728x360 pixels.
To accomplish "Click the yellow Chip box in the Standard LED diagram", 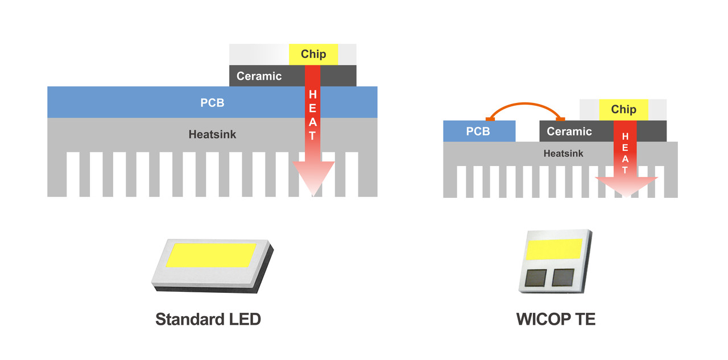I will [x=313, y=54].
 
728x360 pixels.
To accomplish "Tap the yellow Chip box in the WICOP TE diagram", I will [x=623, y=109].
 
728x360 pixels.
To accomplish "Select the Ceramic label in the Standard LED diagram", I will [x=259, y=76].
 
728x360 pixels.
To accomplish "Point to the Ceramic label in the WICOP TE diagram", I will [x=569, y=131].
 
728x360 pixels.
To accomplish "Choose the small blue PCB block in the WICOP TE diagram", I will [x=478, y=131].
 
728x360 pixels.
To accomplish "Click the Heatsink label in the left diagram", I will [x=212, y=135].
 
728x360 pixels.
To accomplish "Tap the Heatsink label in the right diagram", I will [x=563, y=154].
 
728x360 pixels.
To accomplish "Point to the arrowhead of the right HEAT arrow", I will [x=626, y=185].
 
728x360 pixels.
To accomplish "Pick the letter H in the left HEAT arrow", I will [x=312, y=94].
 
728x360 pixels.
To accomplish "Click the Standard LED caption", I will [x=208, y=319].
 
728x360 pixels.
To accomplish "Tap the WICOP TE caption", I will [x=556, y=319].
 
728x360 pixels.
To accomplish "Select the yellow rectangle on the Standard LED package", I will [x=210, y=254].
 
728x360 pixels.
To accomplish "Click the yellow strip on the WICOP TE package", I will [x=555, y=249].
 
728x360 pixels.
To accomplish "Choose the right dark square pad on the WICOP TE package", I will [x=563, y=277].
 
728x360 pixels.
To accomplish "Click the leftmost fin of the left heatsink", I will [x=57, y=173].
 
